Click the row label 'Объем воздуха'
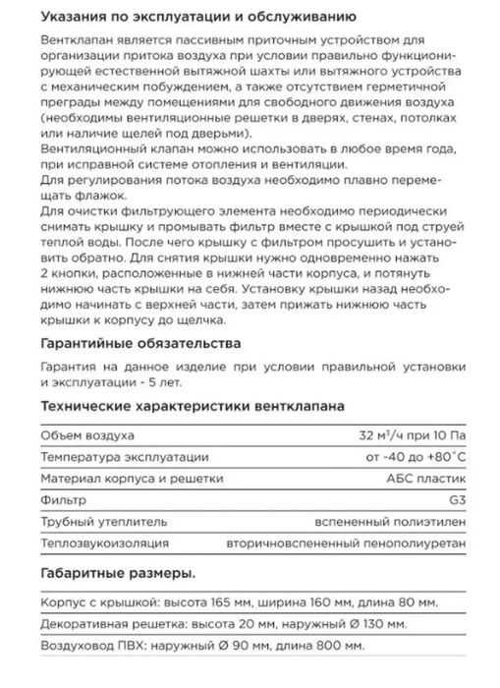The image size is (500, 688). pos(88,435)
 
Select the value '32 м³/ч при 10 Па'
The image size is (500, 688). pos(409,435)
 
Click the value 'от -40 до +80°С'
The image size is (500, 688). pos(413,458)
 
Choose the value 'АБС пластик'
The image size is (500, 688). pos(425,482)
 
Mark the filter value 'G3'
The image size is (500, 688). pos(452,504)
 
